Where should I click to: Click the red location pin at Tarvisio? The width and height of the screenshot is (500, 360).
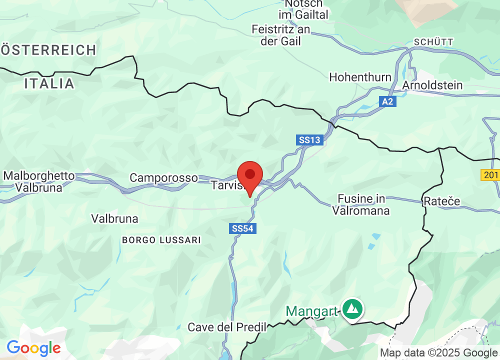pyautogui.click(x=250, y=176)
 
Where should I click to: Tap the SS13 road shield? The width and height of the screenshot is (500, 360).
pyautogui.click(x=309, y=140)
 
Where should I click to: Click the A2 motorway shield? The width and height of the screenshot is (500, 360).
pyautogui.click(x=387, y=101)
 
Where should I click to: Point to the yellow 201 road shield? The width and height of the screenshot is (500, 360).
pyautogui.click(x=490, y=175)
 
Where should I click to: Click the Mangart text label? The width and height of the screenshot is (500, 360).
pyautogui.click(x=311, y=311)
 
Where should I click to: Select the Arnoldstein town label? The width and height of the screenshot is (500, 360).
pyautogui.click(x=432, y=85)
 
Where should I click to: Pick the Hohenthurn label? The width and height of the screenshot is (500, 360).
pyautogui.click(x=360, y=77)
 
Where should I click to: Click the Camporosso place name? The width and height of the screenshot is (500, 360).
pyautogui.click(x=164, y=177)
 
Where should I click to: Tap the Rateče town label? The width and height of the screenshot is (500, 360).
pyautogui.click(x=441, y=201)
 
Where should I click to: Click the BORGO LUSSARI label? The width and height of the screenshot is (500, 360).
pyautogui.click(x=161, y=240)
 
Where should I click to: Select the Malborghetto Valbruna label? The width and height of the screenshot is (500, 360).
pyautogui.click(x=38, y=182)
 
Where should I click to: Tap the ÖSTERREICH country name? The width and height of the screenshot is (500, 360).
pyautogui.click(x=48, y=50)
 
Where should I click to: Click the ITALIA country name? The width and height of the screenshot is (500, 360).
pyautogui.click(x=49, y=83)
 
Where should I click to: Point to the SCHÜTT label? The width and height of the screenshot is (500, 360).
pyautogui.click(x=433, y=42)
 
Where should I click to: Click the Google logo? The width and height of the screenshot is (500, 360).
pyautogui.click(x=33, y=347)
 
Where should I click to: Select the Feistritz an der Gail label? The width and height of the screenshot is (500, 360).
pyautogui.click(x=281, y=35)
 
